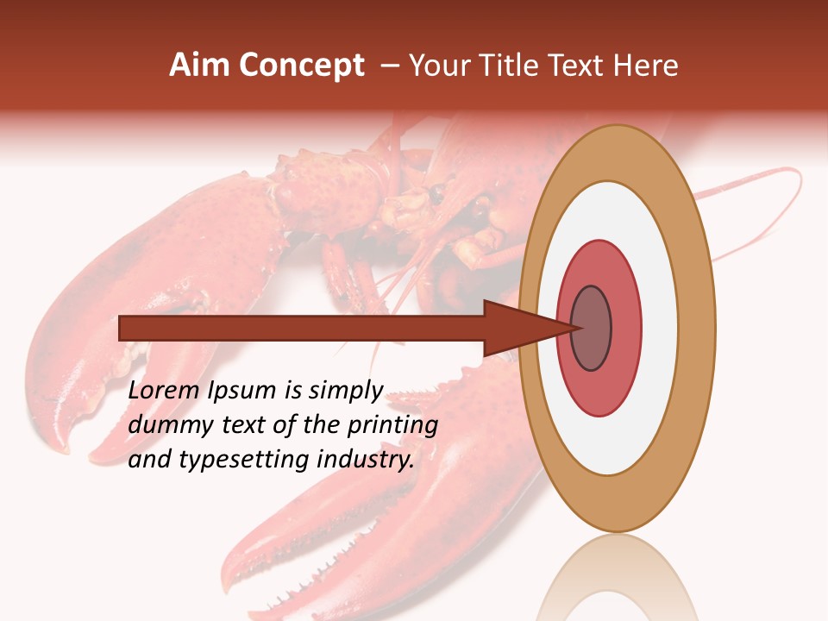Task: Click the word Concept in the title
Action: [x=302, y=66]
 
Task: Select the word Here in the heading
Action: [x=646, y=66]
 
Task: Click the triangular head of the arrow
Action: [x=517, y=329]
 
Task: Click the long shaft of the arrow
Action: [x=302, y=329]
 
